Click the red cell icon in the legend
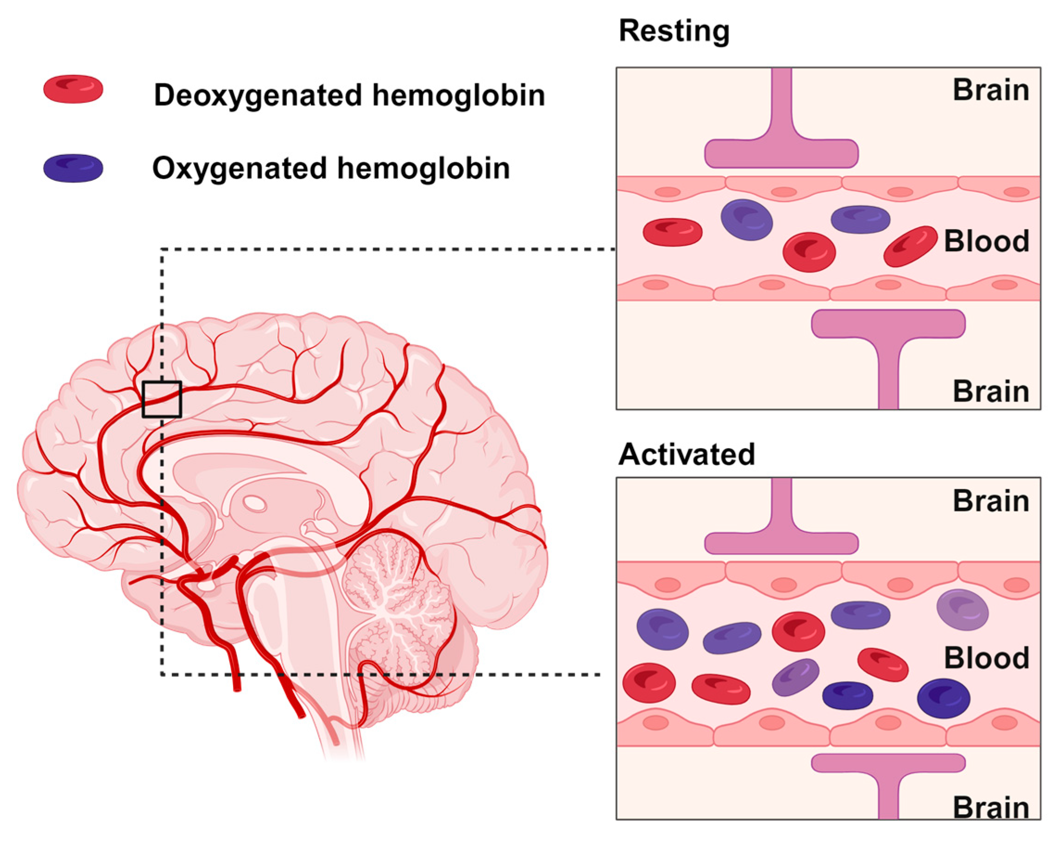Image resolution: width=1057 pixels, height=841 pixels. point(73,89)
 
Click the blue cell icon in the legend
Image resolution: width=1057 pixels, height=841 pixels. point(73,168)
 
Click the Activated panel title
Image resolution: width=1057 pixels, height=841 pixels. point(686,454)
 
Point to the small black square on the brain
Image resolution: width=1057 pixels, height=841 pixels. point(162,399)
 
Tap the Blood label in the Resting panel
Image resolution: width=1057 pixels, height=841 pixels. point(986,242)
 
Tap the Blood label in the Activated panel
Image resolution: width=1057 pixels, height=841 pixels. point(986,658)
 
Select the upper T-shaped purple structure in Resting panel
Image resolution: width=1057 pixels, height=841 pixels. point(781,147)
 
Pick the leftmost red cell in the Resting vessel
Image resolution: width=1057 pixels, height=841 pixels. point(672,232)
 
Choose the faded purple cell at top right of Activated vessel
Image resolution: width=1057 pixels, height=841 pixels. point(962,609)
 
